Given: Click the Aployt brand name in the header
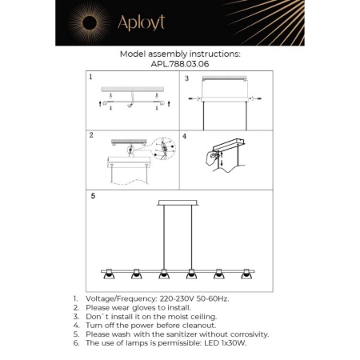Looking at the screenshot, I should tap(141, 23).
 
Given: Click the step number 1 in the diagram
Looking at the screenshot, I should tap(91, 78).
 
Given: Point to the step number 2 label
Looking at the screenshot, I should tap(91, 136).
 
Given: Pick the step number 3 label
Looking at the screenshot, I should tap(186, 78).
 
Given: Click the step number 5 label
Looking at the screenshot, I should tap(93, 194).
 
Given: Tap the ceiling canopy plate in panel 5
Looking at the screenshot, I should tap(177, 202).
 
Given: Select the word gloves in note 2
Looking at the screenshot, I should tap(152, 306).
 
